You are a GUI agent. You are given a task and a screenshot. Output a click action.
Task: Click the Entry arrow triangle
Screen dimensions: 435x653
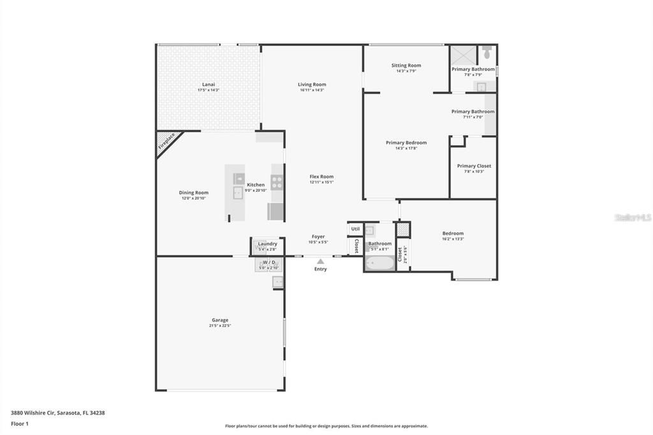pyautogui.click(x=320, y=261)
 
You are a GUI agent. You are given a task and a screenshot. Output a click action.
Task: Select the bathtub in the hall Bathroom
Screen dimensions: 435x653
pyautogui.click(x=379, y=262)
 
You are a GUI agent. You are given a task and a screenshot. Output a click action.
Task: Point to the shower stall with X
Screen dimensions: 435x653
pyautogui.click(x=463, y=54)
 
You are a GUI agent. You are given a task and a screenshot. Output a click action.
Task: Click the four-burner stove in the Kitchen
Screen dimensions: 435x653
pyautogui.click(x=277, y=182)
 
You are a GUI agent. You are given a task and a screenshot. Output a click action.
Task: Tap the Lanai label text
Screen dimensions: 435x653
pyautogui.click(x=208, y=84)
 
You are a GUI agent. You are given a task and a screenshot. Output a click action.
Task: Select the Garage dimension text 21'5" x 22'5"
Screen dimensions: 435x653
pyautogui.click(x=219, y=325)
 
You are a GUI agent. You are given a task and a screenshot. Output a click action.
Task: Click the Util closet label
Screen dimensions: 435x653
pyautogui.click(x=355, y=229)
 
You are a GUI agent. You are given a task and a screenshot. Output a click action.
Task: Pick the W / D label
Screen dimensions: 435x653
pyautogui.click(x=268, y=262)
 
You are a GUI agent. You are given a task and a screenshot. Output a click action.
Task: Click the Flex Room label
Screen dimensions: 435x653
pyautogui.click(x=321, y=177)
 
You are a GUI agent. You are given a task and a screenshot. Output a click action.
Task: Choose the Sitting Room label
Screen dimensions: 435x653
pyautogui.click(x=406, y=65)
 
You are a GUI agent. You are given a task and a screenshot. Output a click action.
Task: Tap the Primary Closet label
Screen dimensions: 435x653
pyautogui.click(x=474, y=166)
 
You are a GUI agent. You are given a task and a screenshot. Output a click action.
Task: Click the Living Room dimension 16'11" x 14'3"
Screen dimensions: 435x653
pyautogui.click(x=312, y=90)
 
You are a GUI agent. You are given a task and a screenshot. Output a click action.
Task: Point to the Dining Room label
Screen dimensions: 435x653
pyautogui.click(x=193, y=193)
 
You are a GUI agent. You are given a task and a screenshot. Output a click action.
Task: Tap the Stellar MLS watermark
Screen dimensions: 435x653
pyautogui.click(x=633, y=217)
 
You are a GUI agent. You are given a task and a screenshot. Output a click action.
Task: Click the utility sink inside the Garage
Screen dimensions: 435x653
pyautogui.click(x=278, y=281)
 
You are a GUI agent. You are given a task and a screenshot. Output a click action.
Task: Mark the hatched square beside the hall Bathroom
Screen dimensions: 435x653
pyautogui.click(x=403, y=230)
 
